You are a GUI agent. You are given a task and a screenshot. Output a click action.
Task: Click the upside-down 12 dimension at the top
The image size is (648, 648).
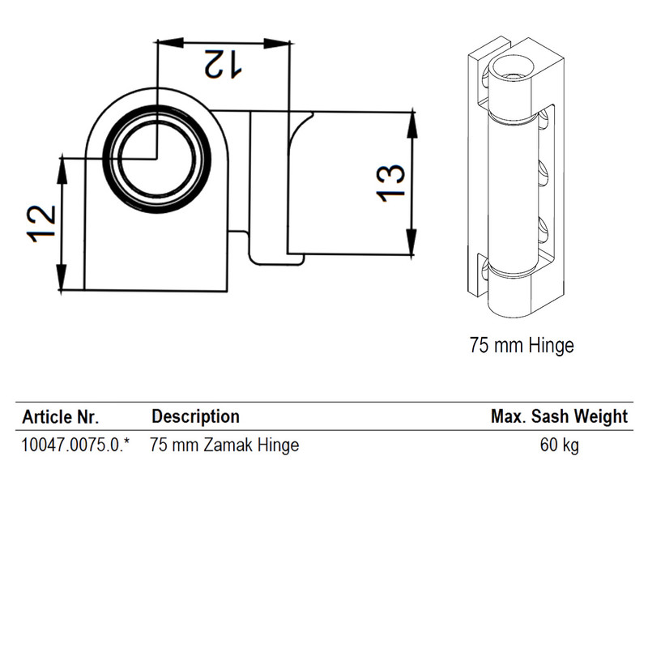[x=223, y=64]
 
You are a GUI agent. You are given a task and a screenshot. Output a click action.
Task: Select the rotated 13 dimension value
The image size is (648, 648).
[x=390, y=184]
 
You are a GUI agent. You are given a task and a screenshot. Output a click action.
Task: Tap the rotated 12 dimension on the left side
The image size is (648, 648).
[x=41, y=224]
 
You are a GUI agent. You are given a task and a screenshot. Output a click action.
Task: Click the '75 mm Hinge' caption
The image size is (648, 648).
[x=522, y=345]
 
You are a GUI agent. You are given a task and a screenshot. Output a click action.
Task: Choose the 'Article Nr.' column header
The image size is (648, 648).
[x=60, y=417]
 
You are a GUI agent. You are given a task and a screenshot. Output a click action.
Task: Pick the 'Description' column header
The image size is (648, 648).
[x=195, y=416]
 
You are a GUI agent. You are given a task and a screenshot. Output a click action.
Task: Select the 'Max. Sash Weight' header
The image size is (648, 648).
[x=559, y=416]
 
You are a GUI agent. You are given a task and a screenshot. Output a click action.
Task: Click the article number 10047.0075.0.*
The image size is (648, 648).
[x=75, y=445]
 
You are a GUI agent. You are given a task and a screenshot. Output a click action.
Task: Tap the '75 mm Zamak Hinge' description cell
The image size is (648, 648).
[x=224, y=446]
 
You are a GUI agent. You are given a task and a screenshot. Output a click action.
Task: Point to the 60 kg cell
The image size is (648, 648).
[x=560, y=446]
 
